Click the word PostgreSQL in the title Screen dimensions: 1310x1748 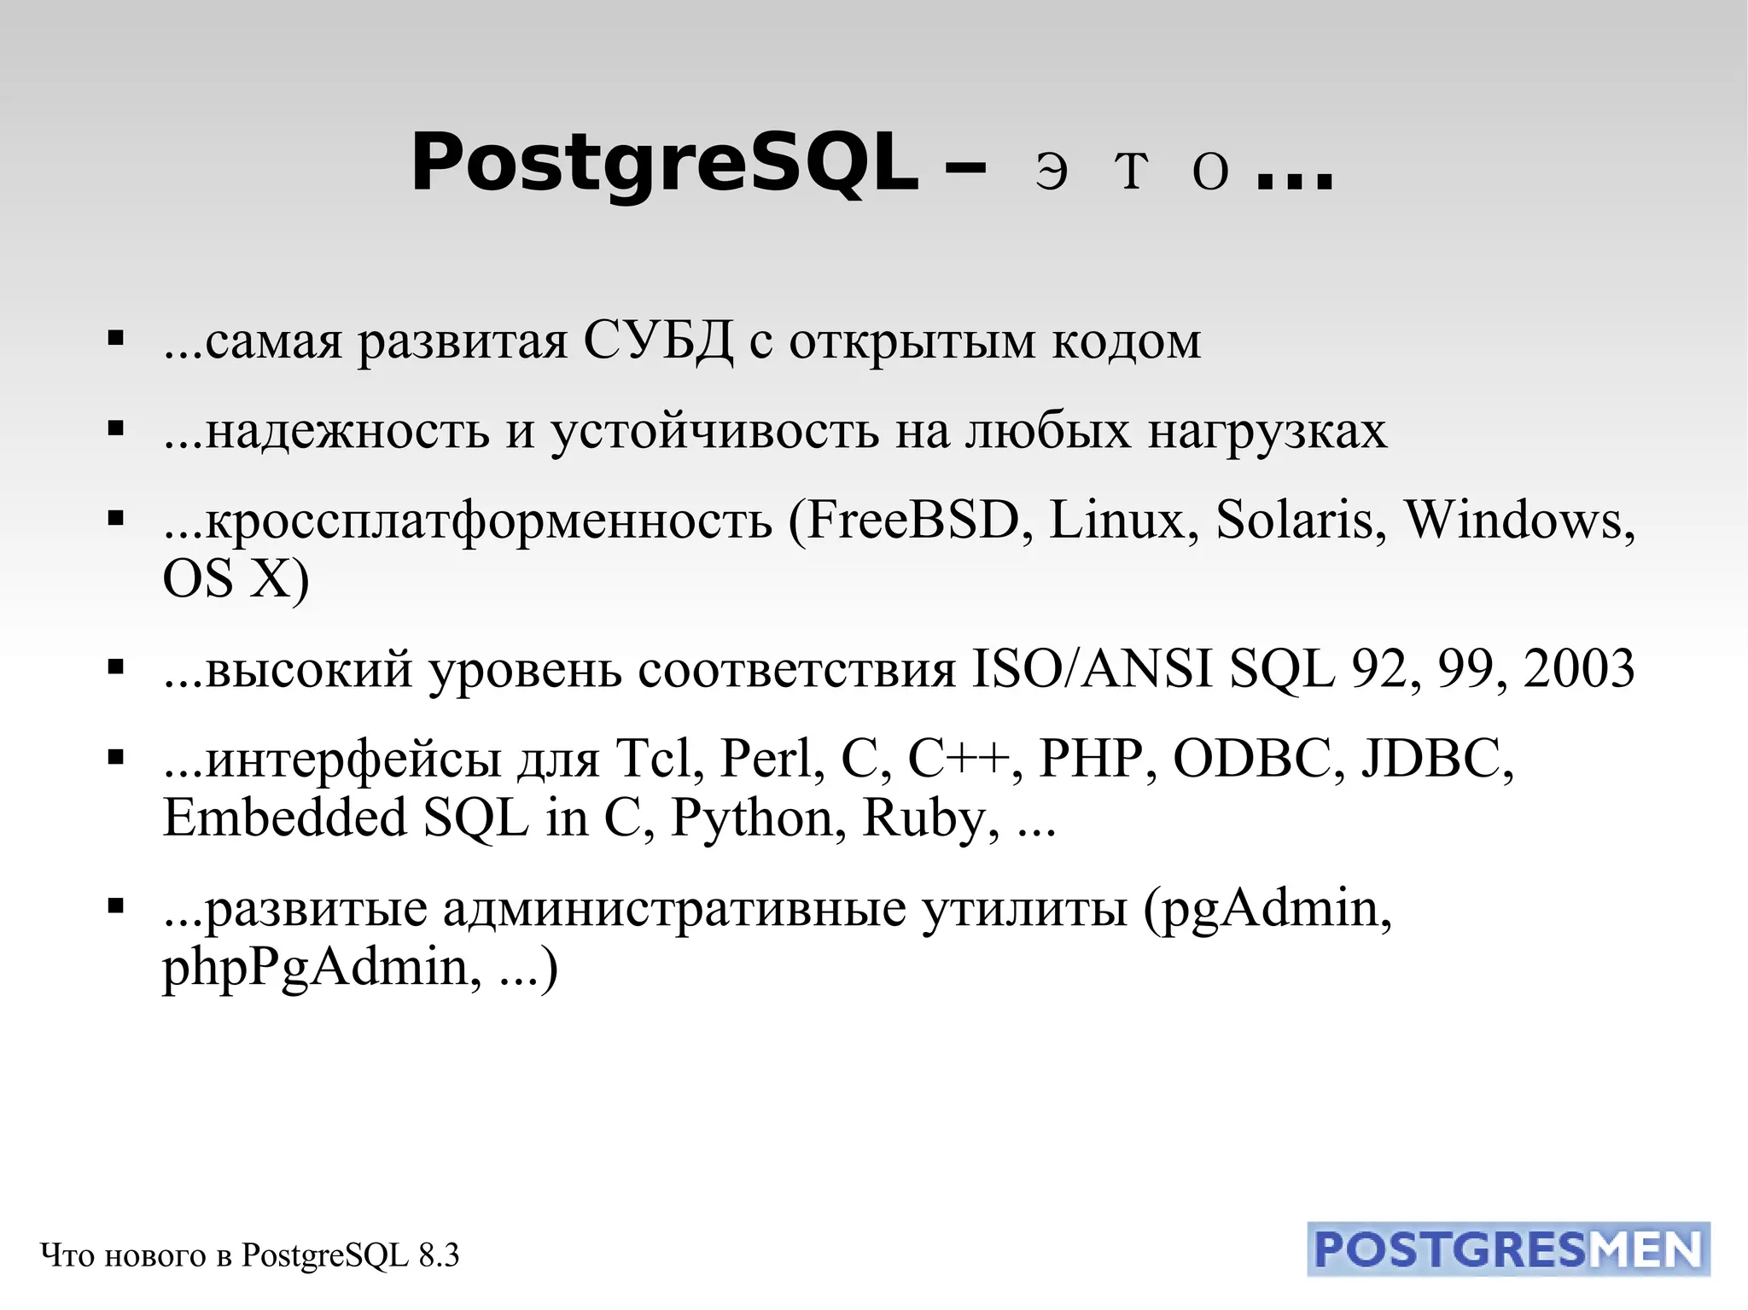(x=664, y=164)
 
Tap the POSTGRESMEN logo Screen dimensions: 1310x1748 (x=1508, y=1249)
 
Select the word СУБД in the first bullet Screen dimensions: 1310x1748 (x=658, y=341)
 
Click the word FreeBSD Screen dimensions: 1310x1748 (x=912, y=520)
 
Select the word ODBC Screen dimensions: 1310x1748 (x=1252, y=758)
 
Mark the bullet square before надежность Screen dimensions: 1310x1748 (x=116, y=428)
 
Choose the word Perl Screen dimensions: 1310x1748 (x=772, y=758)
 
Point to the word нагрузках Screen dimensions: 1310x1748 (x=1267, y=431)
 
